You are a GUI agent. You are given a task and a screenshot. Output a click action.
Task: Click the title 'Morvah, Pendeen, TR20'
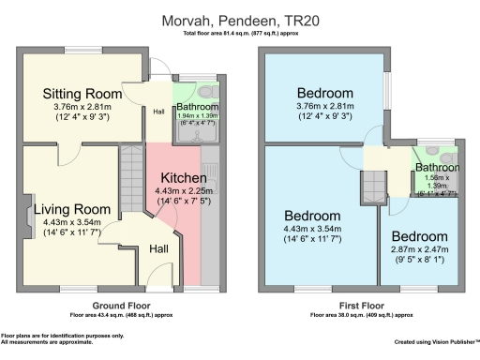click(x=240, y=20)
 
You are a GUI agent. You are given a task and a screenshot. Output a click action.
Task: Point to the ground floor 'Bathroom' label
click(x=198, y=108)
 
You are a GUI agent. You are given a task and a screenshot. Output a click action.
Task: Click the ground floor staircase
click(x=131, y=184)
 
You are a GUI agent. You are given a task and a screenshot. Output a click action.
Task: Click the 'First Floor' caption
click(x=361, y=306)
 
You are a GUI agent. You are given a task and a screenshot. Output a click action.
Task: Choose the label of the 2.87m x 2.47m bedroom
click(x=427, y=235)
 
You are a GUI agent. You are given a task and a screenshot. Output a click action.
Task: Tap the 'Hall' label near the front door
click(x=158, y=249)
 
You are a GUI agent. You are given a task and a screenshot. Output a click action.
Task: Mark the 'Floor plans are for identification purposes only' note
click(x=49, y=335)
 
